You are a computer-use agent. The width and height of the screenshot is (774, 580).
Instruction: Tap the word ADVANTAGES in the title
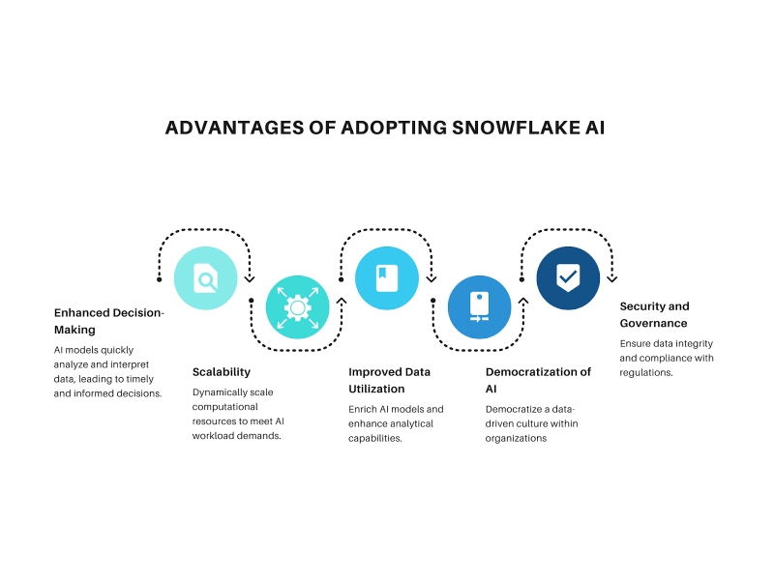pos(234,128)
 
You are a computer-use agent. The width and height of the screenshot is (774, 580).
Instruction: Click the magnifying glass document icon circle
pos(206,278)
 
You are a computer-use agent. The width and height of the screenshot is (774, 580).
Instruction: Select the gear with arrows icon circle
pos(298,307)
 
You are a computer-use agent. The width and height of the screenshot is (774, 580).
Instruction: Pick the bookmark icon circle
pos(387,278)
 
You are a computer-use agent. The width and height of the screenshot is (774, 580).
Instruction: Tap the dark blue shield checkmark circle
pos(568,278)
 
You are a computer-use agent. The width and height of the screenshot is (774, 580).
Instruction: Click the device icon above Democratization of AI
pos(479,307)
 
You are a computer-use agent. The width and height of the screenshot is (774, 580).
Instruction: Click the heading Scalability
pos(222,372)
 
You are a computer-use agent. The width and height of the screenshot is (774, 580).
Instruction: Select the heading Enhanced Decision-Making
pos(108,321)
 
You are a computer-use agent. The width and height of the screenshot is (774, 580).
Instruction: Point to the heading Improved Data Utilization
pos(390,380)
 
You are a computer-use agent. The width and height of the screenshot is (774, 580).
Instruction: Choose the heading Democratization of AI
pos(538,380)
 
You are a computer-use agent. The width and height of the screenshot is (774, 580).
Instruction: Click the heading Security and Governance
pos(655,315)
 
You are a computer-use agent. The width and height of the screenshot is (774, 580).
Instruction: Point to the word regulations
pos(646,373)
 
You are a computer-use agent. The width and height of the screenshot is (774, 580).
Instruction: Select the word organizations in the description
pos(516,439)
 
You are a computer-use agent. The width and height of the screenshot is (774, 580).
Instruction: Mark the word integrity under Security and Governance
pos(694,344)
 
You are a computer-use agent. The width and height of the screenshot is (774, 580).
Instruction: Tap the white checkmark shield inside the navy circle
pos(568,277)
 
